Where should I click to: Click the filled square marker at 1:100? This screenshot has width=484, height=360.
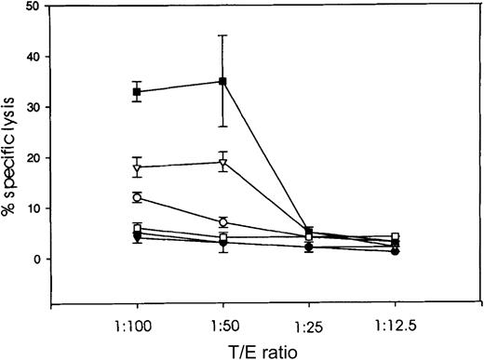(137, 91)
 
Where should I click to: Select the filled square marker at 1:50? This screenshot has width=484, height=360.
(222, 81)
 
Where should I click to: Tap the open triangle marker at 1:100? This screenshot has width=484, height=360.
(137, 168)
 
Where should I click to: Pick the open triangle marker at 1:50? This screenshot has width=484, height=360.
(222, 164)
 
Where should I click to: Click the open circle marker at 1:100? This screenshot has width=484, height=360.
(137, 197)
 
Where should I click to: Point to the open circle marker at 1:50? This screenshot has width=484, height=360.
(222, 222)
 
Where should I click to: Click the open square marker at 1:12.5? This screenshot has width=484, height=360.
(396, 238)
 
